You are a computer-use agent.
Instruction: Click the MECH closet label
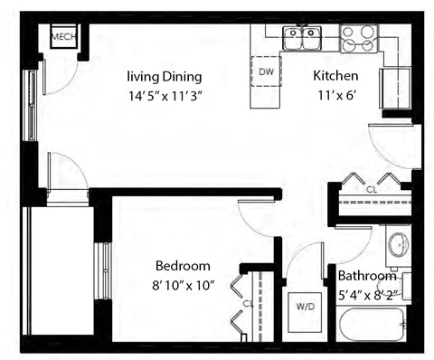coord(63,37)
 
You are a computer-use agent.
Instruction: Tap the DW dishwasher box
coord(267,71)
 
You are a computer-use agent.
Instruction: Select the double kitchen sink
coord(302,38)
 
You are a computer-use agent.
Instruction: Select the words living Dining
coord(164,76)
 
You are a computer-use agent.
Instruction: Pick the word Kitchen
coord(335,75)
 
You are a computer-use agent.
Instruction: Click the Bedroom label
coord(183,266)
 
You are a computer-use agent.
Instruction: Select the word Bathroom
coord(367,276)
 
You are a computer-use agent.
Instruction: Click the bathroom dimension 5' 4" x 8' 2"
coord(367,293)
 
